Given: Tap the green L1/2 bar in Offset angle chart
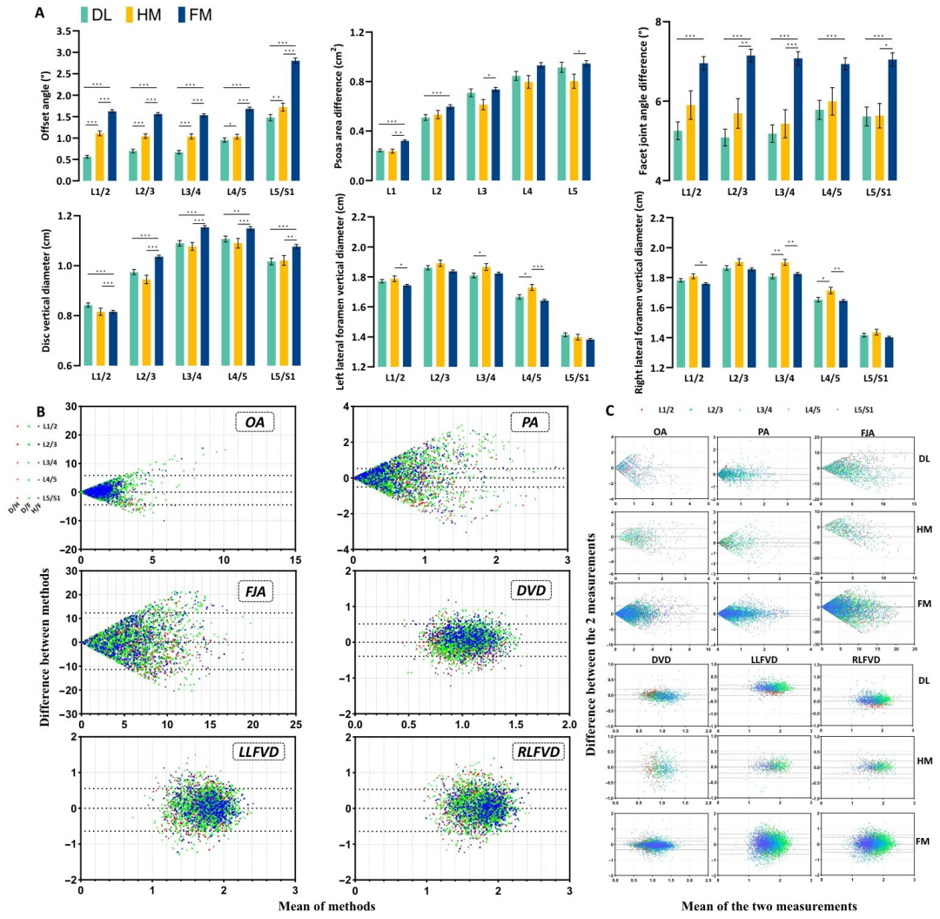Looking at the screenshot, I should click(x=87, y=169).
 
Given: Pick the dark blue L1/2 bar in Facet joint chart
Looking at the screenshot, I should click(x=703, y=121).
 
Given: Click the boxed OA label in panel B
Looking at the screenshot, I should click(x=256, y=424).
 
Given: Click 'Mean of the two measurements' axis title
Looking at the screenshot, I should click(x=755, y=905).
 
